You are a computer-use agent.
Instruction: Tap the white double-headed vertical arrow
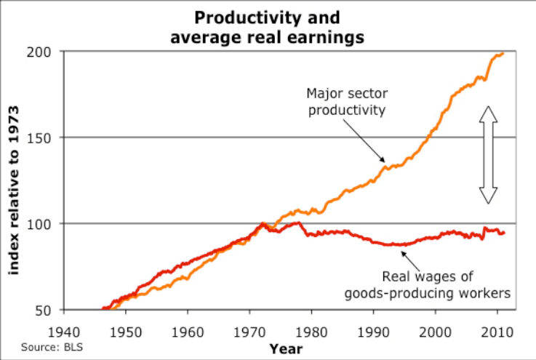(x=487, y=154)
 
